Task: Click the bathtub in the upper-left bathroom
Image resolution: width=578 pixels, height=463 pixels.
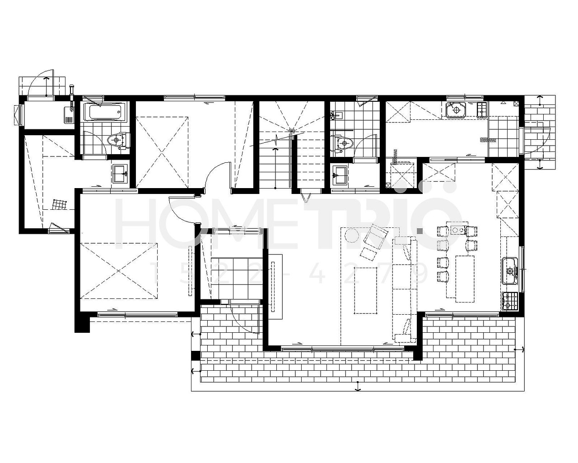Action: (105, 112)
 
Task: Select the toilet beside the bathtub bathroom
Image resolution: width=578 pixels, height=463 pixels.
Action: (118, 140)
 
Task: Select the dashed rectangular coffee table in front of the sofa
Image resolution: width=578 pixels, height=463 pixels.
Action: (366, 291)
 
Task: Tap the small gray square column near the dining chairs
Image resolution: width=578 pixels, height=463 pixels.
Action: (420, 231)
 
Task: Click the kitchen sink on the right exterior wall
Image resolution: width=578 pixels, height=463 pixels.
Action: (509, 271)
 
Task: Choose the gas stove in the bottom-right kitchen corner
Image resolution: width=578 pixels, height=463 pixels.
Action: (509, 301)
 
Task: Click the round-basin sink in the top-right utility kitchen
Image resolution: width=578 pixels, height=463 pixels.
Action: (456, 110)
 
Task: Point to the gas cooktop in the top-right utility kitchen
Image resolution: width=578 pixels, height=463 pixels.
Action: (482, 110)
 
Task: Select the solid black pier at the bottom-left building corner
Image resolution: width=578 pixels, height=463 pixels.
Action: (82, 324)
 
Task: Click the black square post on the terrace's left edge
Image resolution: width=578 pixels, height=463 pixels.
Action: (196, 356)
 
